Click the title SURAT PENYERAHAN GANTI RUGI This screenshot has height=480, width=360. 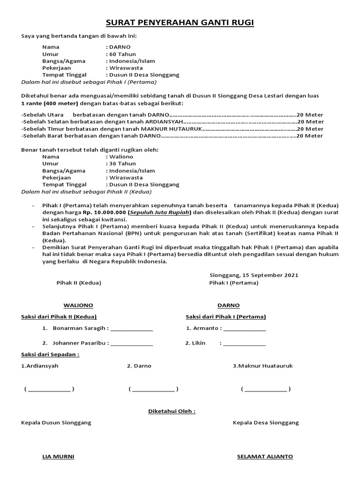click(x=180, y=23)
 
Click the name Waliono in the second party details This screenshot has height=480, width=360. click(x=121, y=157)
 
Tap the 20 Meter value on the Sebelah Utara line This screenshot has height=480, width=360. click(x=310, y=115)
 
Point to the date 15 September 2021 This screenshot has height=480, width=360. click(x=271, y=275)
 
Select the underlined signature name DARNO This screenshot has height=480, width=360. click(x=228, y=305)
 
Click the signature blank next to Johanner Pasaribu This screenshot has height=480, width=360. click(x=132, y=344)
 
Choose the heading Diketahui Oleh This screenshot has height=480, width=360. click(x=172, y=412)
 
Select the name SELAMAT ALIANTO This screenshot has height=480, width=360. click(x=265, y=457)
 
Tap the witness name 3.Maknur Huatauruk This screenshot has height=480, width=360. click(x=262, y=366)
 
